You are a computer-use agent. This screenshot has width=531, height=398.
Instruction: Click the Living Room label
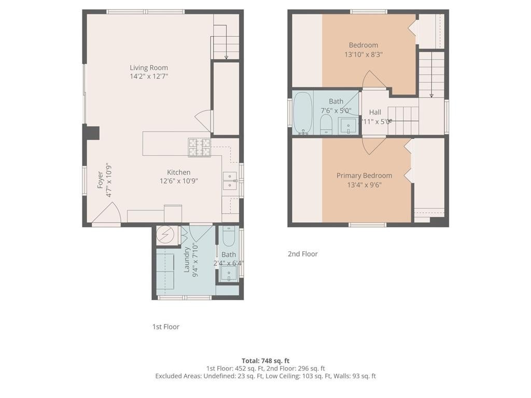point(149,68)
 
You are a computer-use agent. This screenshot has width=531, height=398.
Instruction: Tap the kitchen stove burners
point(200,148)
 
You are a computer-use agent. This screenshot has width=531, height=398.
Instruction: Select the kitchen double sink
point(230,181)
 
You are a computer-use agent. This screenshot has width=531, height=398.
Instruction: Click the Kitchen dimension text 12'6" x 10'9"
point(179,181)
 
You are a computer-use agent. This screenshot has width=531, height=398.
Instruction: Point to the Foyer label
point(100,180)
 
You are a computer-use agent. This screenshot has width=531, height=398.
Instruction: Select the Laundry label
point(187,260)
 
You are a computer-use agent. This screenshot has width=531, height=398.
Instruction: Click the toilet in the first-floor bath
point(229,236)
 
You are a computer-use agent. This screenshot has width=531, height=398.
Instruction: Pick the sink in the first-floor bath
point(229,274)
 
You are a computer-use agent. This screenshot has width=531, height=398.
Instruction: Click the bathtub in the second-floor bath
point(303,113)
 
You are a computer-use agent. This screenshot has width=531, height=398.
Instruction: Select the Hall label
point(375,112)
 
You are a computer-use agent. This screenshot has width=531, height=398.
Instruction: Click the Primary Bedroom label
point(364,175)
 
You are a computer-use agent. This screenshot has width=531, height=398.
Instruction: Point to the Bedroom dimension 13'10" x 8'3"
point(364,54)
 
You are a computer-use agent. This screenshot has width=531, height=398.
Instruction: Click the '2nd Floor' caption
point(303,254)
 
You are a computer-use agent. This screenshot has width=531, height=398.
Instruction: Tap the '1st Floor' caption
point(165,326)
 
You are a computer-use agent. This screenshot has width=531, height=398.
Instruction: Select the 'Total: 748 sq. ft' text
point(265,361)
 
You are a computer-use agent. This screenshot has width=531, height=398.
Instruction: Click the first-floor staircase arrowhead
point(226,57)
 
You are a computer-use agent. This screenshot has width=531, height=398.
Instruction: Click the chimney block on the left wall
point(91,132)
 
